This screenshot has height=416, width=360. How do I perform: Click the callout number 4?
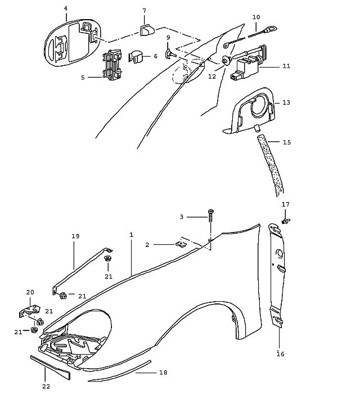[66, 8]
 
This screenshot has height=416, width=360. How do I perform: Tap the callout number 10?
[256, 17]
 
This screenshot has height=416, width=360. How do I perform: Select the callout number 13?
[286, 102]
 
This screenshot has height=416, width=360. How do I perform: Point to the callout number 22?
[46, 387]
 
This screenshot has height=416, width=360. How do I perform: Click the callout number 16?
[281, 354]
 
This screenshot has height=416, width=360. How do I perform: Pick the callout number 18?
[164, 373]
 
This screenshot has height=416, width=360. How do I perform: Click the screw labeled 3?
[211, 216]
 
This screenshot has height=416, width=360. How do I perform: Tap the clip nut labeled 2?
[181, 244]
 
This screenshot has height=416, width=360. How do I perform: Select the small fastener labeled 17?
[286, 221]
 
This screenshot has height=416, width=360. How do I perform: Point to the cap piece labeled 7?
[147, 30]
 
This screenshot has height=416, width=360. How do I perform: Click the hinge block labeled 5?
[112, 65]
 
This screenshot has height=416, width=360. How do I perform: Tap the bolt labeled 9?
[171, 55]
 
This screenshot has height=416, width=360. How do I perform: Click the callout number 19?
[75, 236]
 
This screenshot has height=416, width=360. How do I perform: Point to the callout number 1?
[131, 235]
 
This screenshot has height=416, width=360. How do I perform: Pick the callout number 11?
[286, 66]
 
